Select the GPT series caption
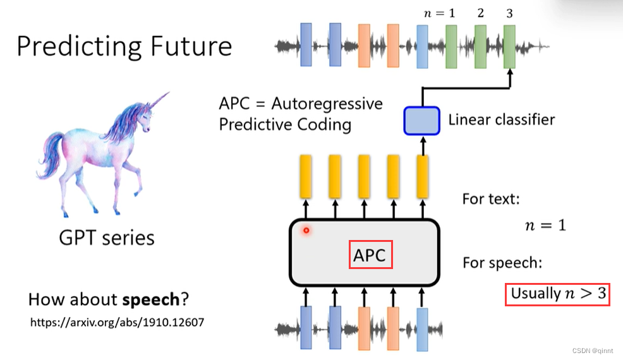pos(107,237)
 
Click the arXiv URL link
pos(117,322)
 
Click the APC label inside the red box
pos(370,256)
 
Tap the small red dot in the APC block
pos(306,231)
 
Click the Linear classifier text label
pos(502,119)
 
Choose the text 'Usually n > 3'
pos(557,294)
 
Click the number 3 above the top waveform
pos(509,13)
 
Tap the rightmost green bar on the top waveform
pos(509,46)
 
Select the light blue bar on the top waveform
pos(422,46)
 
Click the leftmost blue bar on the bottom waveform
pos(306,328)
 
